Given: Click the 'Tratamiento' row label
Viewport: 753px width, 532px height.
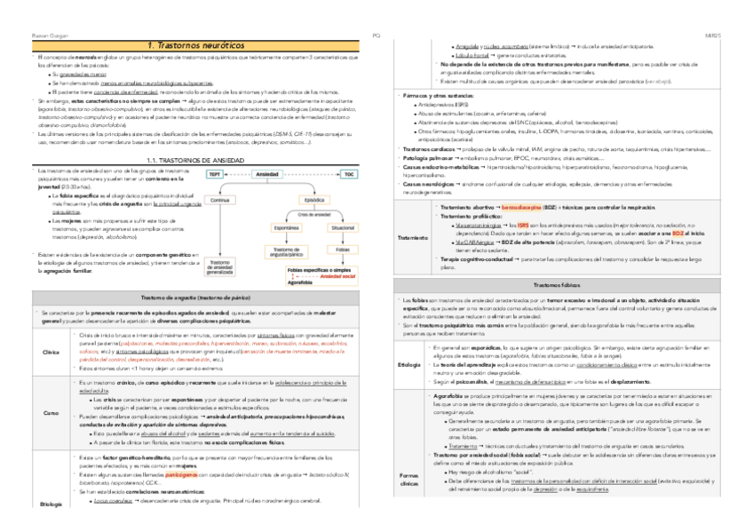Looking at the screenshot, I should pyautogui.click(x=409, y=238).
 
